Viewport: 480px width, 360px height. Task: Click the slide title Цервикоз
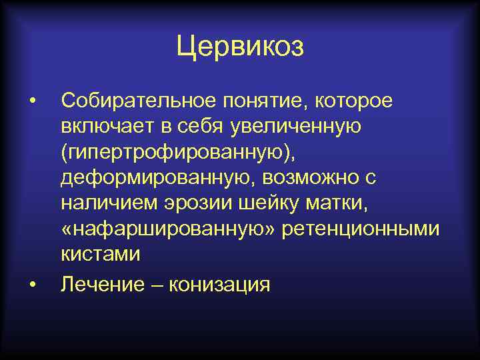coord(240,47)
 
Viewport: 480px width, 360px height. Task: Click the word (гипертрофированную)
coord(177,153)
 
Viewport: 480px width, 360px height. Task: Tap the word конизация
coord(220,285)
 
